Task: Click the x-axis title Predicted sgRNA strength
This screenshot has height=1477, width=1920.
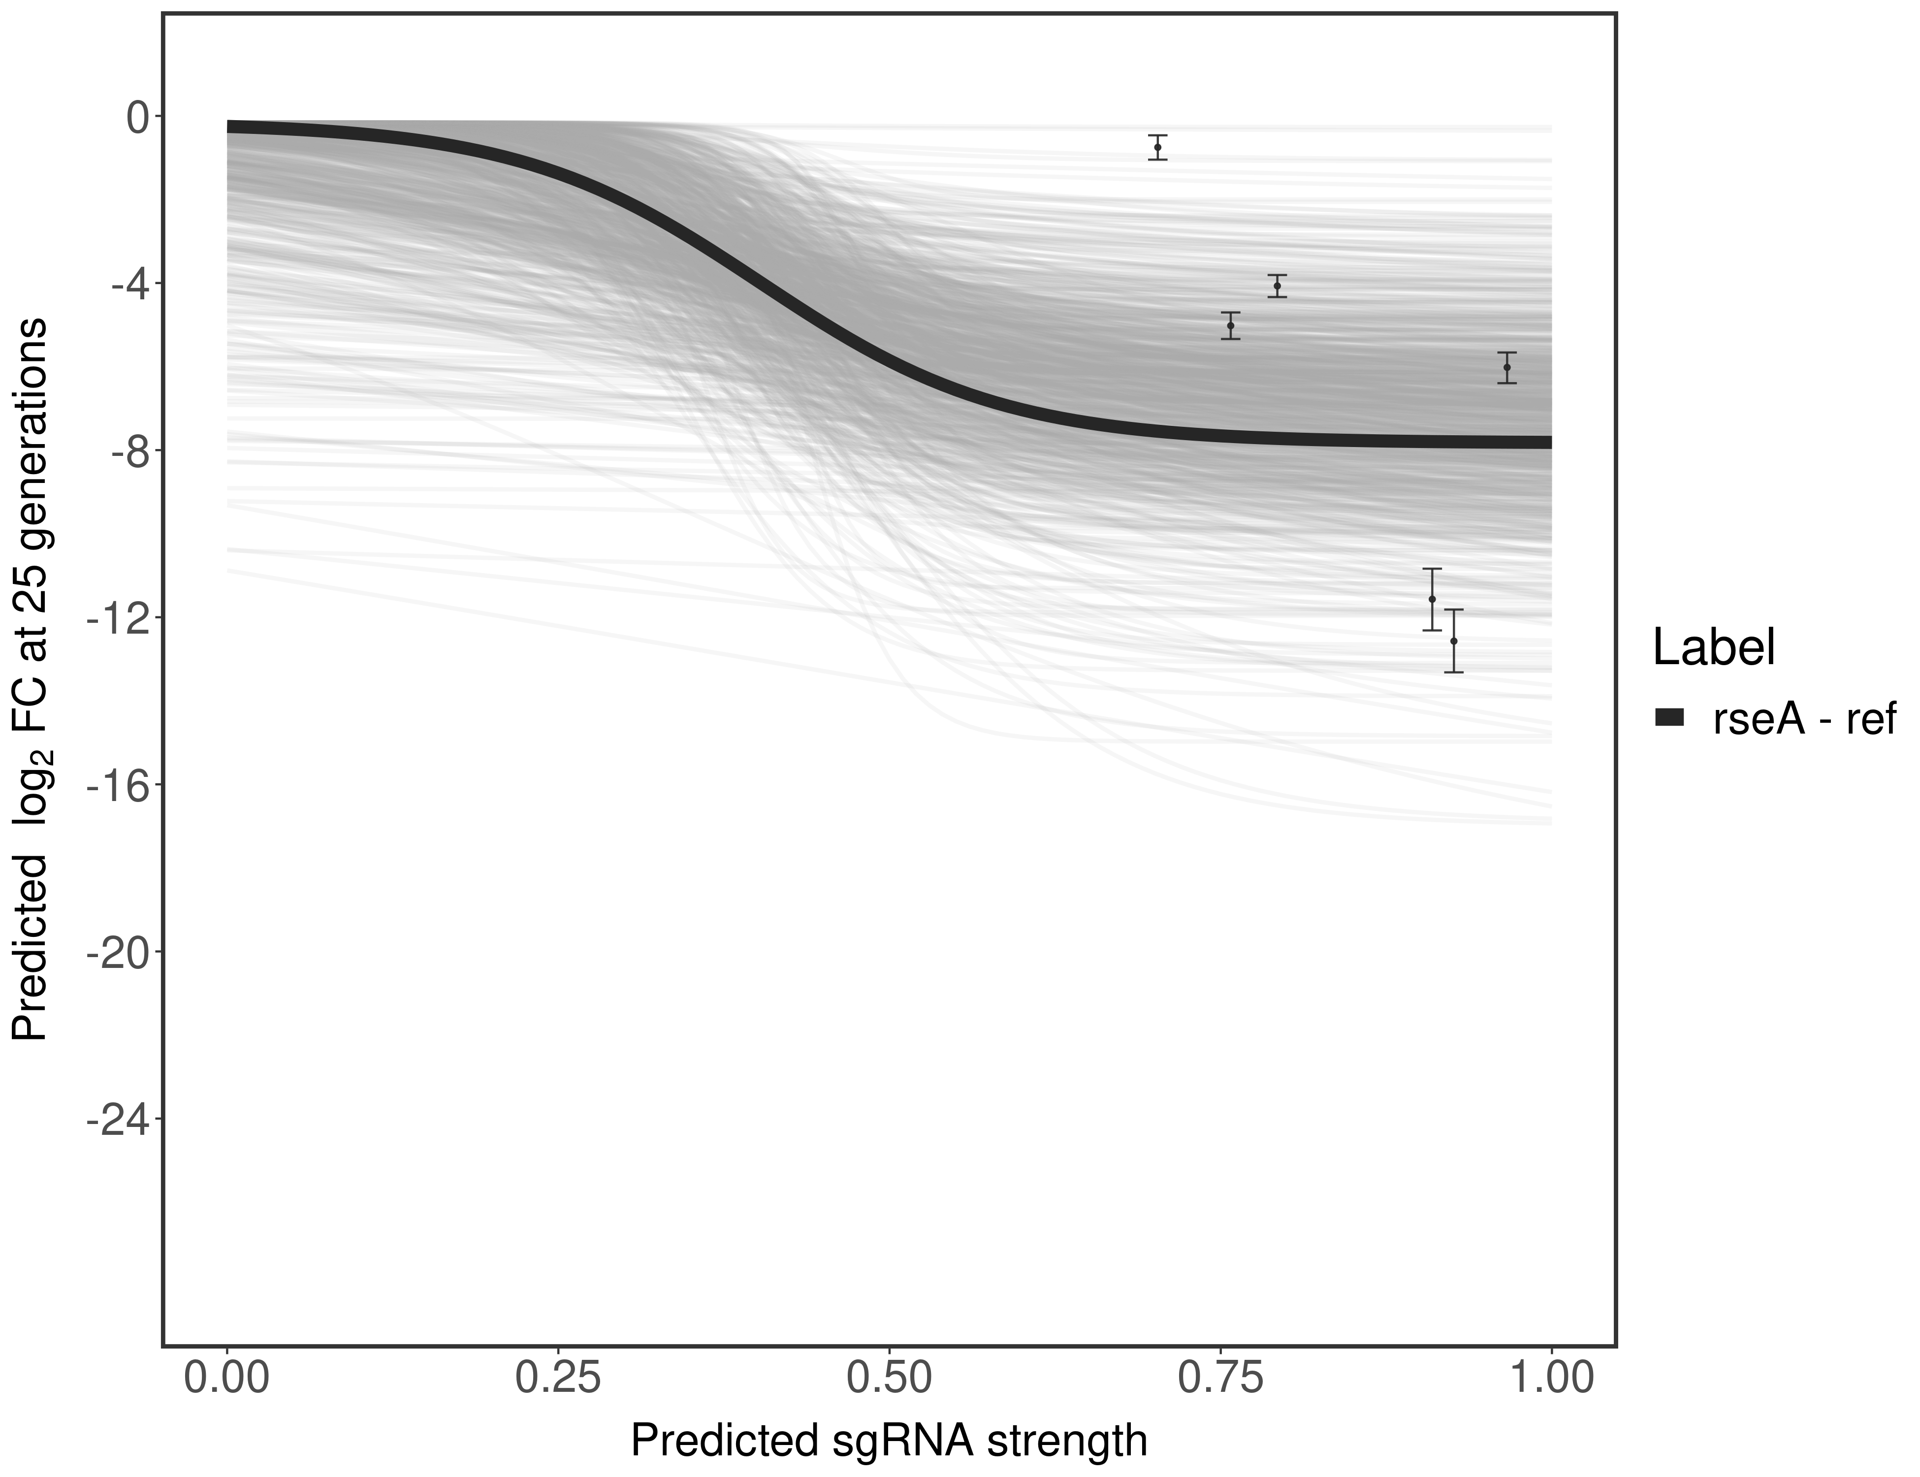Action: click(889, 1442)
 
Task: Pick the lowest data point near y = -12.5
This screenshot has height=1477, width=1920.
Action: click(1454, 641)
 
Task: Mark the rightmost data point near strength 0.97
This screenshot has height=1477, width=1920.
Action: click(1507, 367)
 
